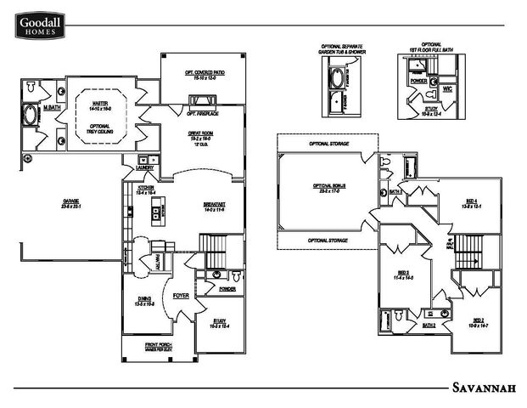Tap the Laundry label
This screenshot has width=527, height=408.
[143, 167]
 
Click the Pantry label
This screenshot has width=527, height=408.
[158, 262]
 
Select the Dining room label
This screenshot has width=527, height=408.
[143, 298]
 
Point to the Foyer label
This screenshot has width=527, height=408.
[181, 296]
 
